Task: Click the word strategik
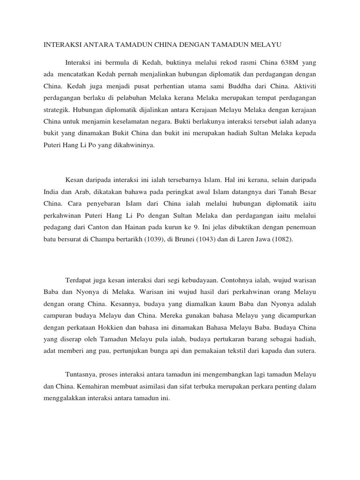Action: pos(57,111)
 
